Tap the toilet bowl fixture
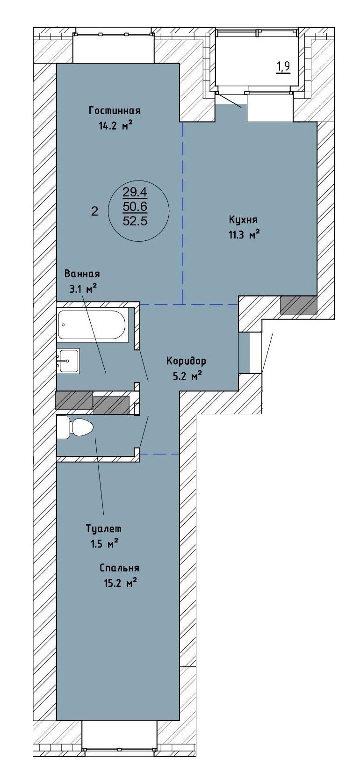click(75, 427)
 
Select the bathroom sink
click(68, 361)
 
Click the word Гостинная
click(115, 111)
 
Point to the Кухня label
click(243, 220)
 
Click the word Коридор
click(187, 361)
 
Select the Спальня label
click(120, 568)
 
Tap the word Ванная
click(82, 274)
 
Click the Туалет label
click(104, 529)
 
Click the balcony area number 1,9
click(283, 67)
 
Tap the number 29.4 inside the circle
click(135, 192)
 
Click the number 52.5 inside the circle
click(135, 221)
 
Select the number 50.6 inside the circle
click(135, 207)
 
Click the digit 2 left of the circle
click(95, 211)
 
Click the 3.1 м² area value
click(82, 289)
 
